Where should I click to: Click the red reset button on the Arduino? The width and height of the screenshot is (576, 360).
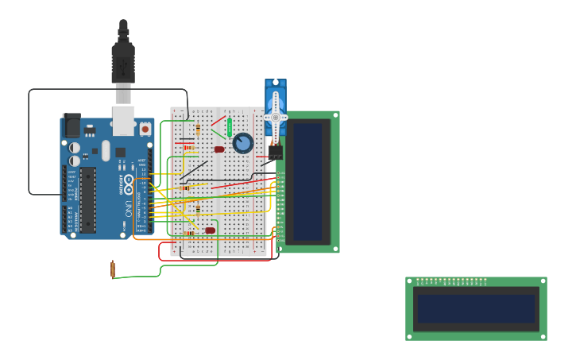tap(145, 128)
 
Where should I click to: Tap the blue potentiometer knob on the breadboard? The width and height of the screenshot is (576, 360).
tap(243, 143)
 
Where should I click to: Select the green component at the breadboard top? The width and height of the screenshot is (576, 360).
tap(230, 127)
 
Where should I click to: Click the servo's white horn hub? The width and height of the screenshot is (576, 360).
tap(276, 117)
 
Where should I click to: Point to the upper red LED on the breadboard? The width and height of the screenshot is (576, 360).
tap(219, 149)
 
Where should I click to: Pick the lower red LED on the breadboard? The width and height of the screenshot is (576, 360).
tap(210, 230)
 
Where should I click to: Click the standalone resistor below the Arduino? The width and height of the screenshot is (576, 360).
tap(113, 269)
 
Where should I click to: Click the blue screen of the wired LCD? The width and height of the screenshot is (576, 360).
tap(308, 181)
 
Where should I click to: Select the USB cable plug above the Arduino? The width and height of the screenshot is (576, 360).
tap(123, 64)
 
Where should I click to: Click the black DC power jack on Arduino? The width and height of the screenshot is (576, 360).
tap(72, 126)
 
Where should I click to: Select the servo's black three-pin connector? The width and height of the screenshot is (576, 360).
tap(275, 152)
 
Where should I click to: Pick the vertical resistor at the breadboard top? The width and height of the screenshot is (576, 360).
tap(198, 130)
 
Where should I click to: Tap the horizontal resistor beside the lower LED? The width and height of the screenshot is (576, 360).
tap(189, 233)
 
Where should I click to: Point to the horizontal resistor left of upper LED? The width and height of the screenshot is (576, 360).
tap(189, 147)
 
